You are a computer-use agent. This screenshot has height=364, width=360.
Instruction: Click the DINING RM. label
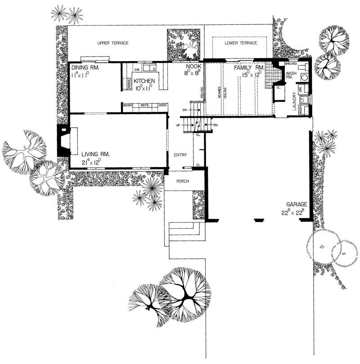(85, 68)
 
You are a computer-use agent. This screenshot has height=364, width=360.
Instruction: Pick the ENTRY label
(180, 155)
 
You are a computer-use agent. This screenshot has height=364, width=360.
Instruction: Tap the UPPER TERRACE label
(113, 43)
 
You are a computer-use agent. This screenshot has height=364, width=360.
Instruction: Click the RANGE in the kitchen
(128, 84)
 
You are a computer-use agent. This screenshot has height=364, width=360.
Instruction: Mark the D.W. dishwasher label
(137, 69)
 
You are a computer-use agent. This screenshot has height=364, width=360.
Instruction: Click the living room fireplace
(63, 140)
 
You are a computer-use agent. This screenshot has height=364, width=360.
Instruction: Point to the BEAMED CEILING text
(219, 95)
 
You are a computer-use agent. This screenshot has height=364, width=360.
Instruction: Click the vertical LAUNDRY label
(293, 101)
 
